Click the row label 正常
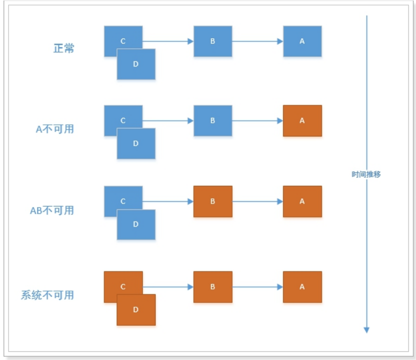pos(64,49)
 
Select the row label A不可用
pos(54,129)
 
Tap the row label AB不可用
pos(52,210)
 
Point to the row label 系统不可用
pos(47,295)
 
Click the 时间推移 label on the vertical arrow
pos(366,174)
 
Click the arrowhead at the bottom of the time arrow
pos(367,329)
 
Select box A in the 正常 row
pos(302,41)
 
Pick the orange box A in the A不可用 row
pos(302,121)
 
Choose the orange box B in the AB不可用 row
pos(213,201)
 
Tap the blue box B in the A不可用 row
pos(213,121)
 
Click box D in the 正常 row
pos(136,64)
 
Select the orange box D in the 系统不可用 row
pos(136,310)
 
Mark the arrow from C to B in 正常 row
pos(168,41)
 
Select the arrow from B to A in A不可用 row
pos(257,121)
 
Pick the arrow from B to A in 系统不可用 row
pos(257,287)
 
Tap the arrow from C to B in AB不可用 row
pos(168,201)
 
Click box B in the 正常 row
pos(213,41)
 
